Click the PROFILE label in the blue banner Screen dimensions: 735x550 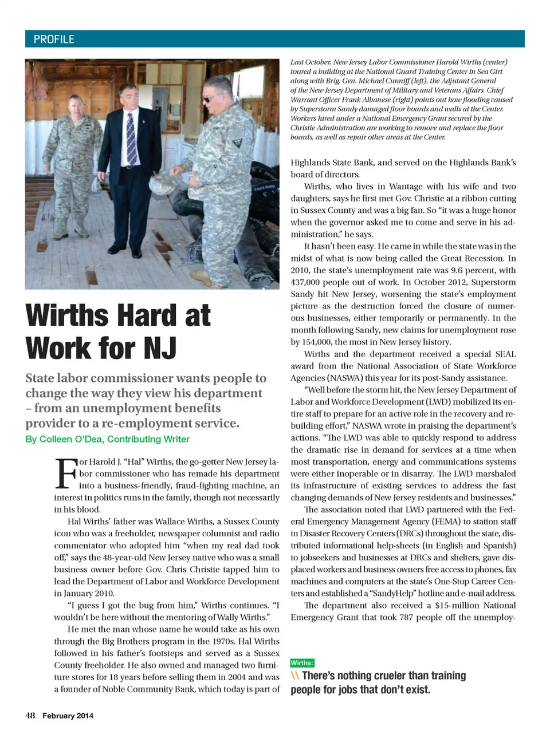[x=54, y=39]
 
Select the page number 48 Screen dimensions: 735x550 [x=30, y=716]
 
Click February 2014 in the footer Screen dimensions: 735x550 [x=68, y=716]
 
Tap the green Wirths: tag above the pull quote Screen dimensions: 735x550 [x=302, y=663]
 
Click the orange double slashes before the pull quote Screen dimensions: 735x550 [x=295, y=675]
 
